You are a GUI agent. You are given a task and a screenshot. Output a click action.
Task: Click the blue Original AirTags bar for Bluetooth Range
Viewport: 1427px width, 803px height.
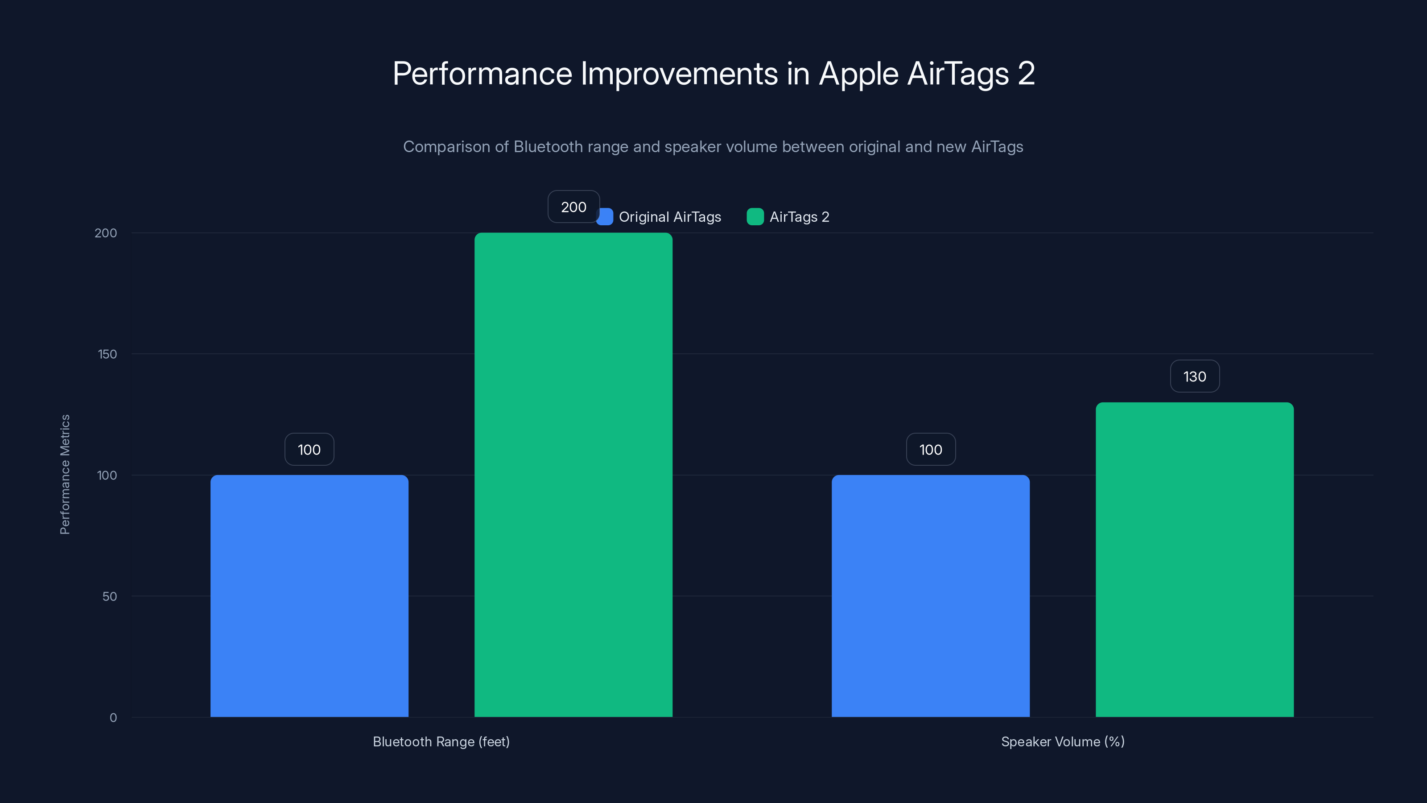click(x=309, y=596)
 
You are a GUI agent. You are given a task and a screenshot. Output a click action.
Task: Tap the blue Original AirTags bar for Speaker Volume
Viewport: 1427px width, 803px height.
click(x=930, y=596)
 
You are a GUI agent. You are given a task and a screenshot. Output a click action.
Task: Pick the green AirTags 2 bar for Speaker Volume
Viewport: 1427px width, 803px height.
click(x=1194, y=560)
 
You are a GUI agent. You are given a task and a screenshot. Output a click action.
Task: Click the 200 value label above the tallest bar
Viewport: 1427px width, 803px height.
click(x=573, y=207)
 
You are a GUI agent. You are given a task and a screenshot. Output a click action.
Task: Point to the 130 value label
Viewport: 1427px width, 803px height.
click(x=1194, y=376)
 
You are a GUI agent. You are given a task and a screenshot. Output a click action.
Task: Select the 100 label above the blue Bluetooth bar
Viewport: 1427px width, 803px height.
click(x=309, y=449)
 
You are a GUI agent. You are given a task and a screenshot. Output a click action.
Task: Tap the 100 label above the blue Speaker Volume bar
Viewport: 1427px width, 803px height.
click(x=931, y=449)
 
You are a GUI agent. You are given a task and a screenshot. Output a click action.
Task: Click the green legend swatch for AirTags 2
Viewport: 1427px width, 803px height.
click(x=755, y=217)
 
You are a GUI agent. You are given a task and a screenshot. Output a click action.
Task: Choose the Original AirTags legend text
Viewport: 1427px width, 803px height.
click(x=670, y=217)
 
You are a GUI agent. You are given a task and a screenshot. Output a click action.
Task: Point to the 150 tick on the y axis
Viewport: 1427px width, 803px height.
click(x=107, y=354)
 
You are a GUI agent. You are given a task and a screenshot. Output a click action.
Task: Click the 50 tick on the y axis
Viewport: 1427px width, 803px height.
click(x=110, y=596)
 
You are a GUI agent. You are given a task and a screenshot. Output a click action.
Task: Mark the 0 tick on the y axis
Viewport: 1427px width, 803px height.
click(x=113, y=718)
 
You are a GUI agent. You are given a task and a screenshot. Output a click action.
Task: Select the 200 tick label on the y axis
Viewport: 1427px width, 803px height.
click(x=106, y=233)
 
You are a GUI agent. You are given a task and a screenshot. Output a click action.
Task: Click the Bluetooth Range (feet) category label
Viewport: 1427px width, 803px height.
click(x=441, y=741)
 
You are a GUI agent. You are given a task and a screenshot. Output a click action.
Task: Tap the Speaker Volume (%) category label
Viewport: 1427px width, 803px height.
click(x=1063, y=741)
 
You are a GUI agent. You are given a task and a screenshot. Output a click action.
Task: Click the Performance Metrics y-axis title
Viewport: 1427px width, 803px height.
click(x=65, y=474)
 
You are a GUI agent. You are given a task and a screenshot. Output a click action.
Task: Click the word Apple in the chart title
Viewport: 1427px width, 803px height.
click(x=858, y=74)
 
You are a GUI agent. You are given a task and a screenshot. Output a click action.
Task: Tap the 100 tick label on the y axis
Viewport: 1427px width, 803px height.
click(x=107, y=475)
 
